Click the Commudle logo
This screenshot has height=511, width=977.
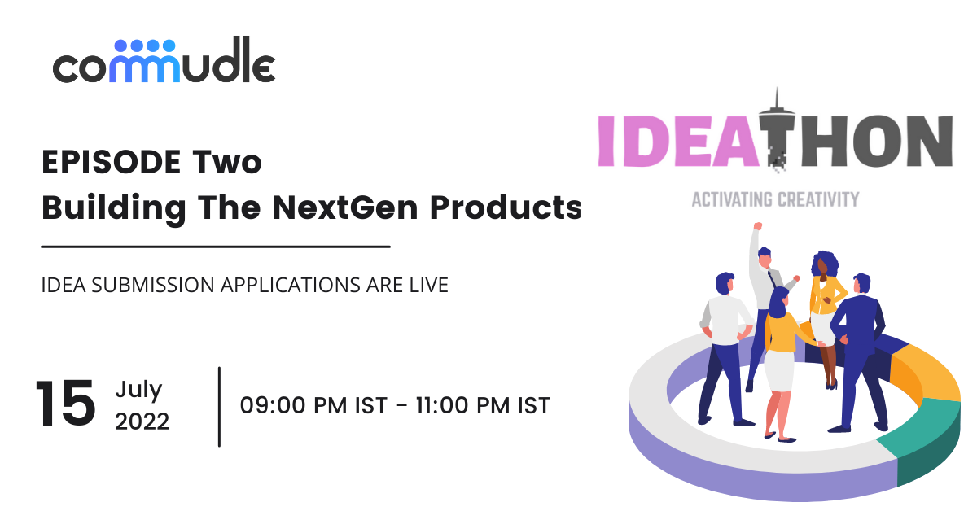point(164,61)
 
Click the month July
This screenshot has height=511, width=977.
point(138,389)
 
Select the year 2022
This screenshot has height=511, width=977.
point(142,421)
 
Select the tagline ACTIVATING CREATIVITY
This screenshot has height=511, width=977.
point(775,199)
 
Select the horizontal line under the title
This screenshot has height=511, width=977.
point(216,245)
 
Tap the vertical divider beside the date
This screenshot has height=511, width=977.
point(219,406)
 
